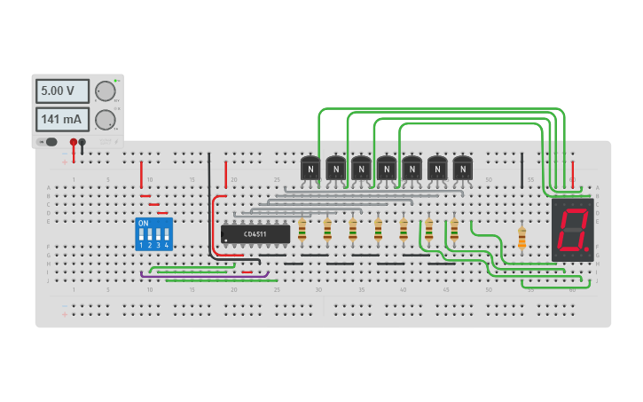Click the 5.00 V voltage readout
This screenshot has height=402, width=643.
(x=62, y=91)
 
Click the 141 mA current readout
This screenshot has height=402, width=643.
(x=62, y=119)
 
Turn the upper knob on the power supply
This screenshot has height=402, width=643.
(x=105, y=91)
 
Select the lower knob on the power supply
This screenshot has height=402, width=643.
(x=105, y=119)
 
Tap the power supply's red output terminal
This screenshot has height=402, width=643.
(x=74, y=142)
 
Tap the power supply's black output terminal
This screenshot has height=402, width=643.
(x=82, y=142)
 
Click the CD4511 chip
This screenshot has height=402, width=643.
(x=255, y=234)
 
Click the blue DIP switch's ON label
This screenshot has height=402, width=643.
(x=144, y=223)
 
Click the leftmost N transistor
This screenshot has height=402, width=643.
(x=310, y=167)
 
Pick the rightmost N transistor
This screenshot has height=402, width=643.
(x=463, y=167)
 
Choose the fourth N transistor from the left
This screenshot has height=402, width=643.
(x=387, y=167)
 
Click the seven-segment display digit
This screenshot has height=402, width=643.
(x=572, y=228)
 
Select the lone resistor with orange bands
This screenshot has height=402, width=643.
(x=521, y=238)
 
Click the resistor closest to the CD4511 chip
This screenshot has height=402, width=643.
(x=302, y=231)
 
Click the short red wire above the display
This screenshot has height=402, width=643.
(x=573, y=171)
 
